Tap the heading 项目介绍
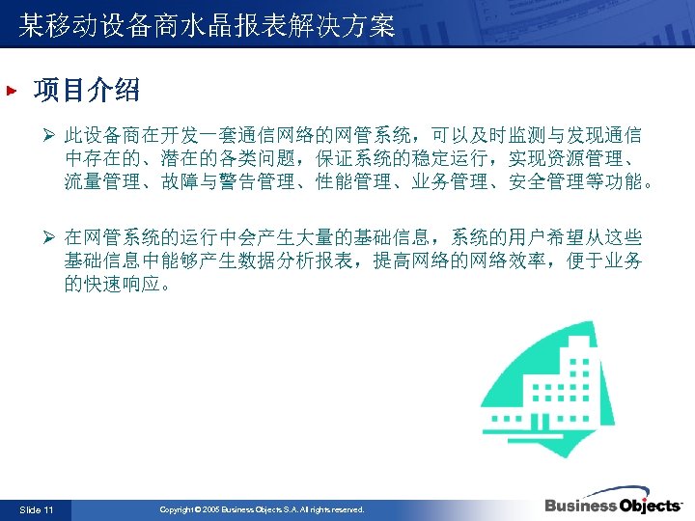(86, 91)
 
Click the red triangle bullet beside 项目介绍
(12, 92)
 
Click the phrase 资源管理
(590, 158)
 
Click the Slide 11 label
(37, 508)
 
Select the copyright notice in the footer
(262, 508)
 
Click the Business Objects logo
(613, 506)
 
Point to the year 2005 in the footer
(211, 508)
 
